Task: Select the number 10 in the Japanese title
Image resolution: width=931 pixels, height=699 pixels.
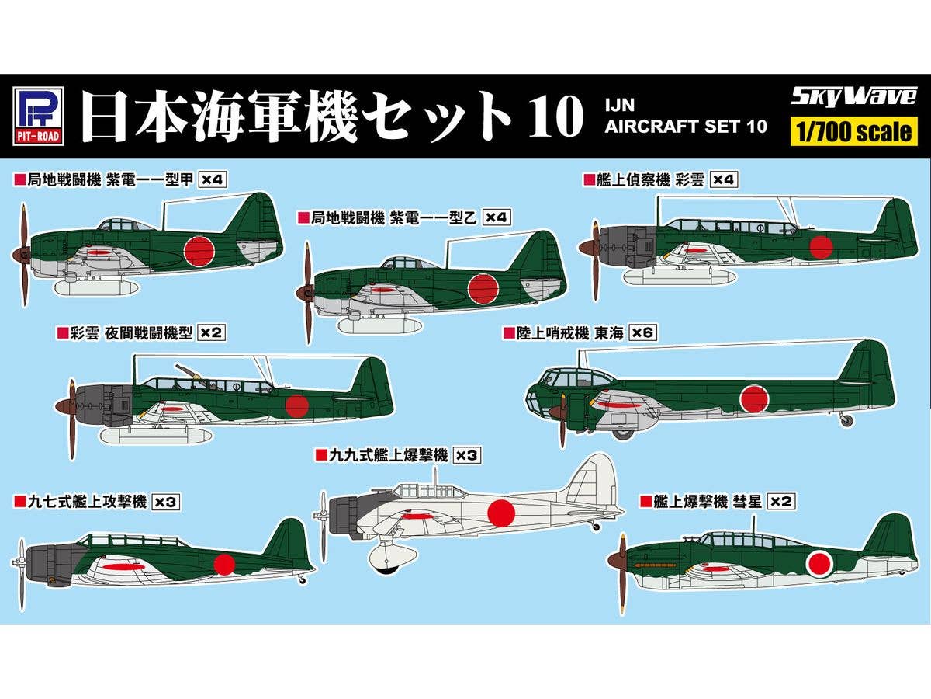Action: pos(552,116)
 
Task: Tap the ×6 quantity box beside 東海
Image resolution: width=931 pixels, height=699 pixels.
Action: pos(643,332)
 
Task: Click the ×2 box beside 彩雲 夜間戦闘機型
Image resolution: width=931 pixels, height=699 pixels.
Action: pos(211,332)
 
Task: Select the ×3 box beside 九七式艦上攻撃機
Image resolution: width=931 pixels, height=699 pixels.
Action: pos(165,503)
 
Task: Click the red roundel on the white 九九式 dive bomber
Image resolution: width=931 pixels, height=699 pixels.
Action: pos(500,511)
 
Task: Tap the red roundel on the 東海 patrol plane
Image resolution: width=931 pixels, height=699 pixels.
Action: pos(753,398)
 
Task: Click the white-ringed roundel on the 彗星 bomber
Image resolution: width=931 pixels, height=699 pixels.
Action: pos(819,564)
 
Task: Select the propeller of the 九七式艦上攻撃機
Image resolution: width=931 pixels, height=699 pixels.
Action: pos(22,575)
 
